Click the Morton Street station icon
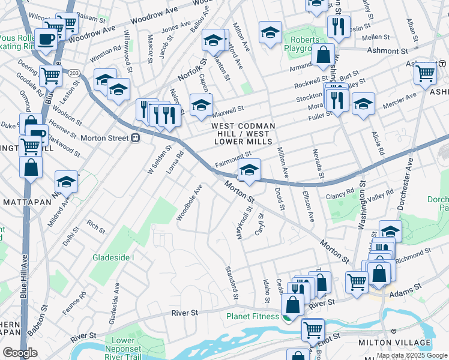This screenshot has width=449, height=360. (136, 138)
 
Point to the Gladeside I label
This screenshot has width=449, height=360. (113, 257)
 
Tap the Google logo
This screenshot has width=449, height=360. (20, 353)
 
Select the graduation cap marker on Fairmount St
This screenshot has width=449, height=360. (249, 170)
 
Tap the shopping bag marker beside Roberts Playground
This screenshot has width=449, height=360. (323, 55)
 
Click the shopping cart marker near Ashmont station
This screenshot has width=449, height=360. (425, 73)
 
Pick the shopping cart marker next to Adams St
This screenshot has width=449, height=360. (357, 281)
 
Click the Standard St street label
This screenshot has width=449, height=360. (231, 283)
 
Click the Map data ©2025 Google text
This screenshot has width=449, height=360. (411, 355)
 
